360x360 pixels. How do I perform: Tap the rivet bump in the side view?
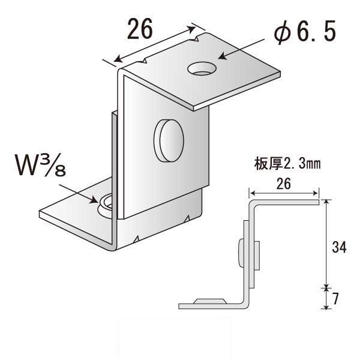click(240, 252)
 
